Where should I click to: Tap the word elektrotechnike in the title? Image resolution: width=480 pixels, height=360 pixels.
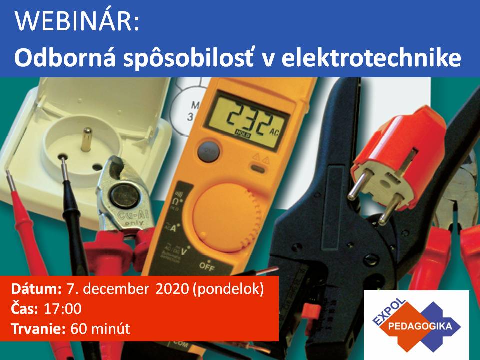point(371,58)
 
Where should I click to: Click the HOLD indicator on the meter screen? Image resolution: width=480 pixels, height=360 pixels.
point(243,133)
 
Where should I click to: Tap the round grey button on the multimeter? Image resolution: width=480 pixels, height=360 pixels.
point(209,151)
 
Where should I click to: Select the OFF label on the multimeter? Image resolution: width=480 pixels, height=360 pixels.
point(207,266)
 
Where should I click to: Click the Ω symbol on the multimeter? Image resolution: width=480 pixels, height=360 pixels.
point(175,202)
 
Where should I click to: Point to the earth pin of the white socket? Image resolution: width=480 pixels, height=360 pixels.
point(87,139)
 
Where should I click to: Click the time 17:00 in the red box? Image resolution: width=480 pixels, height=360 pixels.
point(63,309)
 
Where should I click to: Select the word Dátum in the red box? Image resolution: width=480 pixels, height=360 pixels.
point(36,289)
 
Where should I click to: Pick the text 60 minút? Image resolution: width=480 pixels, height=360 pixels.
point(100,329)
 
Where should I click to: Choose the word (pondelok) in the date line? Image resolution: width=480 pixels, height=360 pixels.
point(228,289)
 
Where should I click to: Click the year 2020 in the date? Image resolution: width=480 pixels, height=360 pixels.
point(172,289)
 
